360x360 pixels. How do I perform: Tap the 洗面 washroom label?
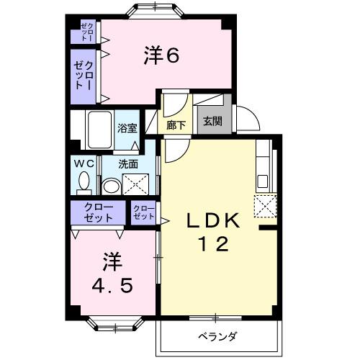[x=129, y=163]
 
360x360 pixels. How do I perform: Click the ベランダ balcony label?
[x=219, y=336]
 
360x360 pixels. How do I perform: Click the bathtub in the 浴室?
[x=99, y=130]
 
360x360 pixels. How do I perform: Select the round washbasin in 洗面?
[x=112, y=186]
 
